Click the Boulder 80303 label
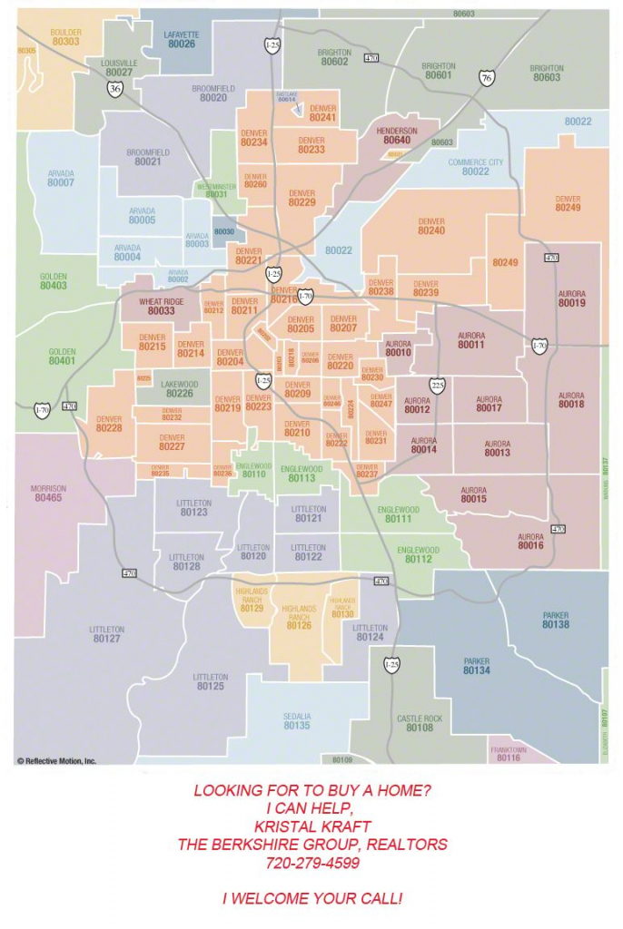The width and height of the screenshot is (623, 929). (65, 37)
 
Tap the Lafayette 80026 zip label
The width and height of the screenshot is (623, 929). (181, 39)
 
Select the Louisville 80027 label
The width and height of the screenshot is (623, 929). (119, 68)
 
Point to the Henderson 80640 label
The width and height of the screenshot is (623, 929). (397, 136)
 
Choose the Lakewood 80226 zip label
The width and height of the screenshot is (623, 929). (180, 389)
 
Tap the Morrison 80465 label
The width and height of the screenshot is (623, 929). (48, 494)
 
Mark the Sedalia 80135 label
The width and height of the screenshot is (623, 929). (297, 721)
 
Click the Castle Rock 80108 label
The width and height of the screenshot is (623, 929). (420, 723)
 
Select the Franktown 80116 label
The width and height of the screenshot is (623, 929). (509, 754)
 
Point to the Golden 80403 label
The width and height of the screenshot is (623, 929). (54, 281)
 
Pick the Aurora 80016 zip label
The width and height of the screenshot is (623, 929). (530, 542)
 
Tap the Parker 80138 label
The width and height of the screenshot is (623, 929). (556, 621)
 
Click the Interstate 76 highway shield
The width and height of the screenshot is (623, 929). (487, 78)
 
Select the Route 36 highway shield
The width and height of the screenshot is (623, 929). (114, 88)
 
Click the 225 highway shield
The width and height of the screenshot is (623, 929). (437, 386)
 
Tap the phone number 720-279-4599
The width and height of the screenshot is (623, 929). (311, 863)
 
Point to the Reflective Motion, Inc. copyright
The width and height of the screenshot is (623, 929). (56, 761)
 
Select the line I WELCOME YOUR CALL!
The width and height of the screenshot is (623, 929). (311, 899)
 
